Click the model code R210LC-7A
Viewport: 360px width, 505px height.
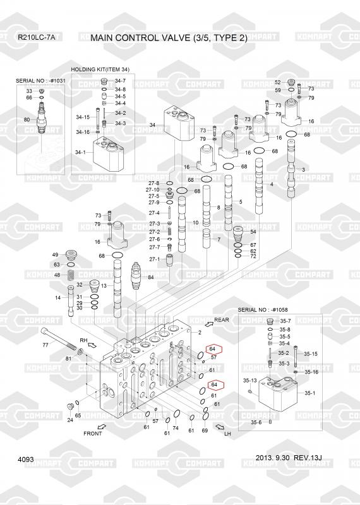[x=37, y=37]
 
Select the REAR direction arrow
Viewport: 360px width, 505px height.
[x=209, y=324]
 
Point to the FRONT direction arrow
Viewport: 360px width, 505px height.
[x=102, y=427]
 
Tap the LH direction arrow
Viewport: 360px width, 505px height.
[x=220, y=427]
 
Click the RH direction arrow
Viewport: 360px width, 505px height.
[x=92, y=345]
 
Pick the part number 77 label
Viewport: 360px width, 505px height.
[x=45, y=345]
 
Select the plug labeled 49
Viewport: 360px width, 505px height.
[x=71, y=255]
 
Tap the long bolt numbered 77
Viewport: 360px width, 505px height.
[x=58, y=339]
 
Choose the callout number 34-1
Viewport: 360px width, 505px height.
[x=81, y=152]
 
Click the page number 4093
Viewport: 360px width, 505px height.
[x=26, y=460]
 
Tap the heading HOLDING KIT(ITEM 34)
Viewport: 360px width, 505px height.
[x=100, y=69]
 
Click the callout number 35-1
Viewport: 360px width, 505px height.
[x=309, y=393]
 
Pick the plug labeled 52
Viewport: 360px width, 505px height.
[x=291, y=82]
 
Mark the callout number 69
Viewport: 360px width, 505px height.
[x=205, y=431]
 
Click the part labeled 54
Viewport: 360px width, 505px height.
[x=239, y=234]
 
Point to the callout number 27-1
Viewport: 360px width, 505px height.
[x=154, y=259]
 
